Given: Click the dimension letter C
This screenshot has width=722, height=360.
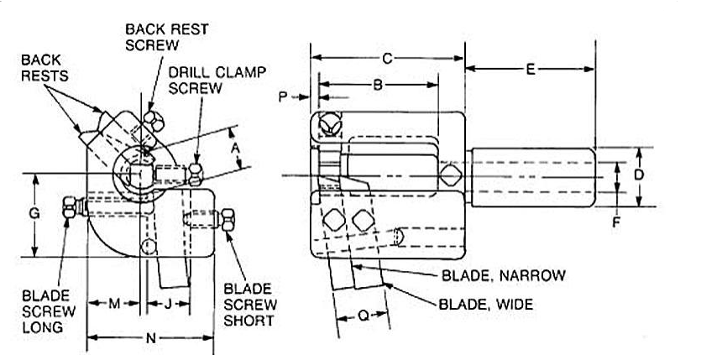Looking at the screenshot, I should pos(386,59).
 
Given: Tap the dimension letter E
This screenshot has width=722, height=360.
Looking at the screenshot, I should pos(530,70).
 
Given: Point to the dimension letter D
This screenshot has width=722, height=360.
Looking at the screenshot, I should pos(639,175).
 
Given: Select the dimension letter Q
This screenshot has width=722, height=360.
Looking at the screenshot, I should pos(363,316).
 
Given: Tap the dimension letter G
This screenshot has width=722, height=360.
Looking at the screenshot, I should pos(34,214).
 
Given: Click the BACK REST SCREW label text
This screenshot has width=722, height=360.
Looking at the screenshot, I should pos(166,36).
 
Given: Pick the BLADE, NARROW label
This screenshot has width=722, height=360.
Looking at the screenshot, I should pos(502,274).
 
